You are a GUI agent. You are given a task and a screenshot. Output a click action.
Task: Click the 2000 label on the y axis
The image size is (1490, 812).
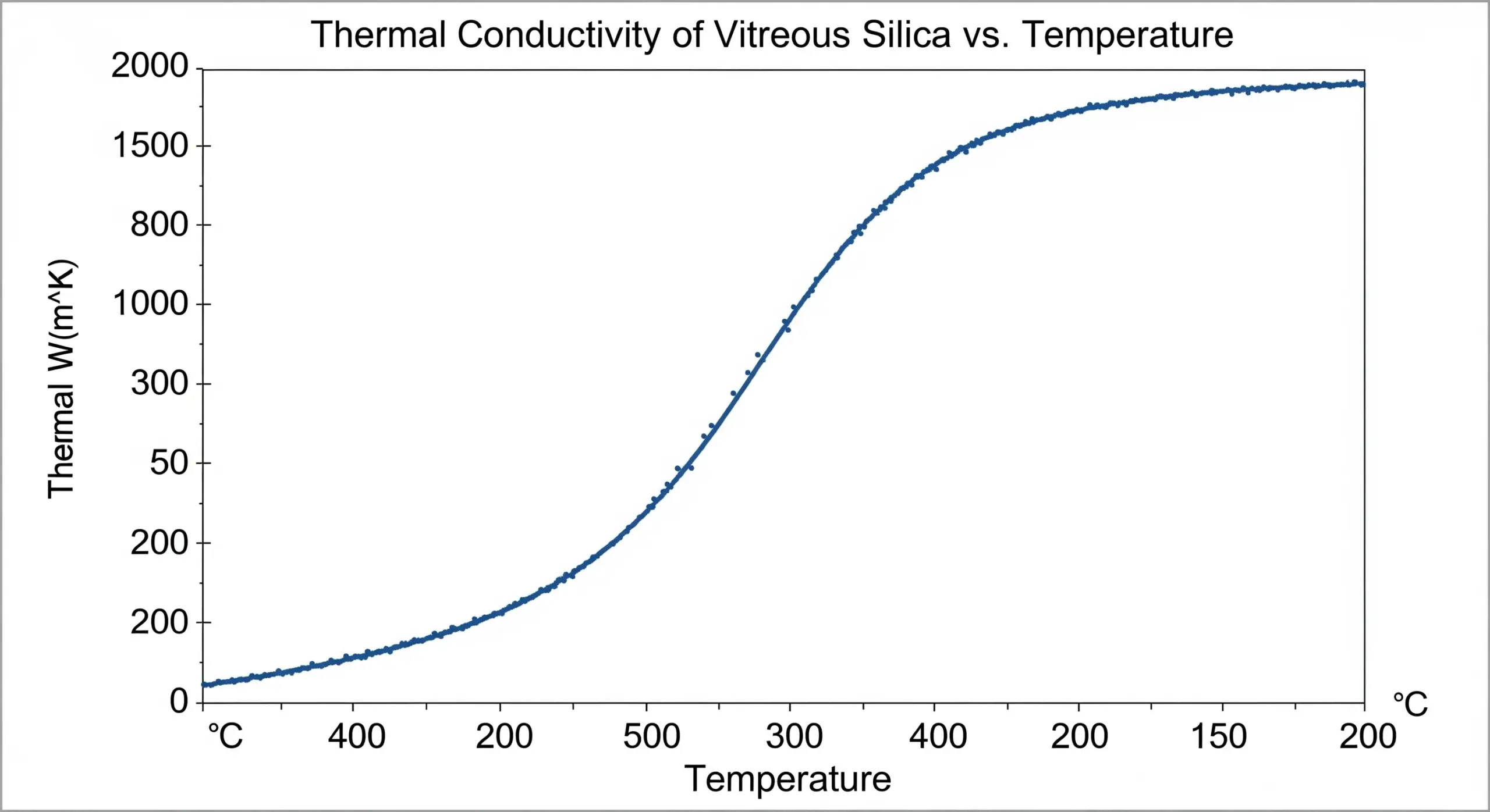coord(150,66)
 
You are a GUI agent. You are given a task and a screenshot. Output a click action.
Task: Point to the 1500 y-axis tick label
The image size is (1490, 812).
coord(150,145)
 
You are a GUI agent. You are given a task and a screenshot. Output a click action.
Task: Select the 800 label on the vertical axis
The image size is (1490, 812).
coord(159,225)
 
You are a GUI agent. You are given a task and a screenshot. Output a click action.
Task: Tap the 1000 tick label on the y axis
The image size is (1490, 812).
coord(150,304)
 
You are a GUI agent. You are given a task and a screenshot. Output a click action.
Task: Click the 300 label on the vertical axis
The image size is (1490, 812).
coord(159,383)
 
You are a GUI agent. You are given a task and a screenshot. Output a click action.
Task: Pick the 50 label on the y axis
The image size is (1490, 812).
coord(169,463)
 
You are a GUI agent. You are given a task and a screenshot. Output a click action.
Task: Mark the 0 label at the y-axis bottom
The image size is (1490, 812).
coord(179,701)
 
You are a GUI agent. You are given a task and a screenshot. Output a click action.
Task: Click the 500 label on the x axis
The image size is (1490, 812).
coord(651,736)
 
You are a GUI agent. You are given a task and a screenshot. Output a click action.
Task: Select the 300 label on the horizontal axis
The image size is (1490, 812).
coord(794,736)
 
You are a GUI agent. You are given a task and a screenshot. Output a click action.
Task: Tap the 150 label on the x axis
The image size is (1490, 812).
coord(1219,736)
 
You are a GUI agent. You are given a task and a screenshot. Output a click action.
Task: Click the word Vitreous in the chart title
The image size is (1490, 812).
coord(782,35)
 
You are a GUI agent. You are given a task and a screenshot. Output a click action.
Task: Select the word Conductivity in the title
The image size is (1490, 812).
coord(558,35)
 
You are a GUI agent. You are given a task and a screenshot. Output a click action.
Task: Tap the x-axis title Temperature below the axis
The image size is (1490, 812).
coord(787,779)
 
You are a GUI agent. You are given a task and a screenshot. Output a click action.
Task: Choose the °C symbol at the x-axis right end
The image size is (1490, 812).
coord(1410,704)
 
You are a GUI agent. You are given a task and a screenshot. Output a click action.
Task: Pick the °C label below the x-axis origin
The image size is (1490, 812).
coord(225,736)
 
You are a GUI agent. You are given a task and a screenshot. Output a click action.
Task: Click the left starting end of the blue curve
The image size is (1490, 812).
coord(204,685)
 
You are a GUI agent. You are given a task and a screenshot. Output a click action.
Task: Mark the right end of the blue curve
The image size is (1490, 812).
coord(1363,84)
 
